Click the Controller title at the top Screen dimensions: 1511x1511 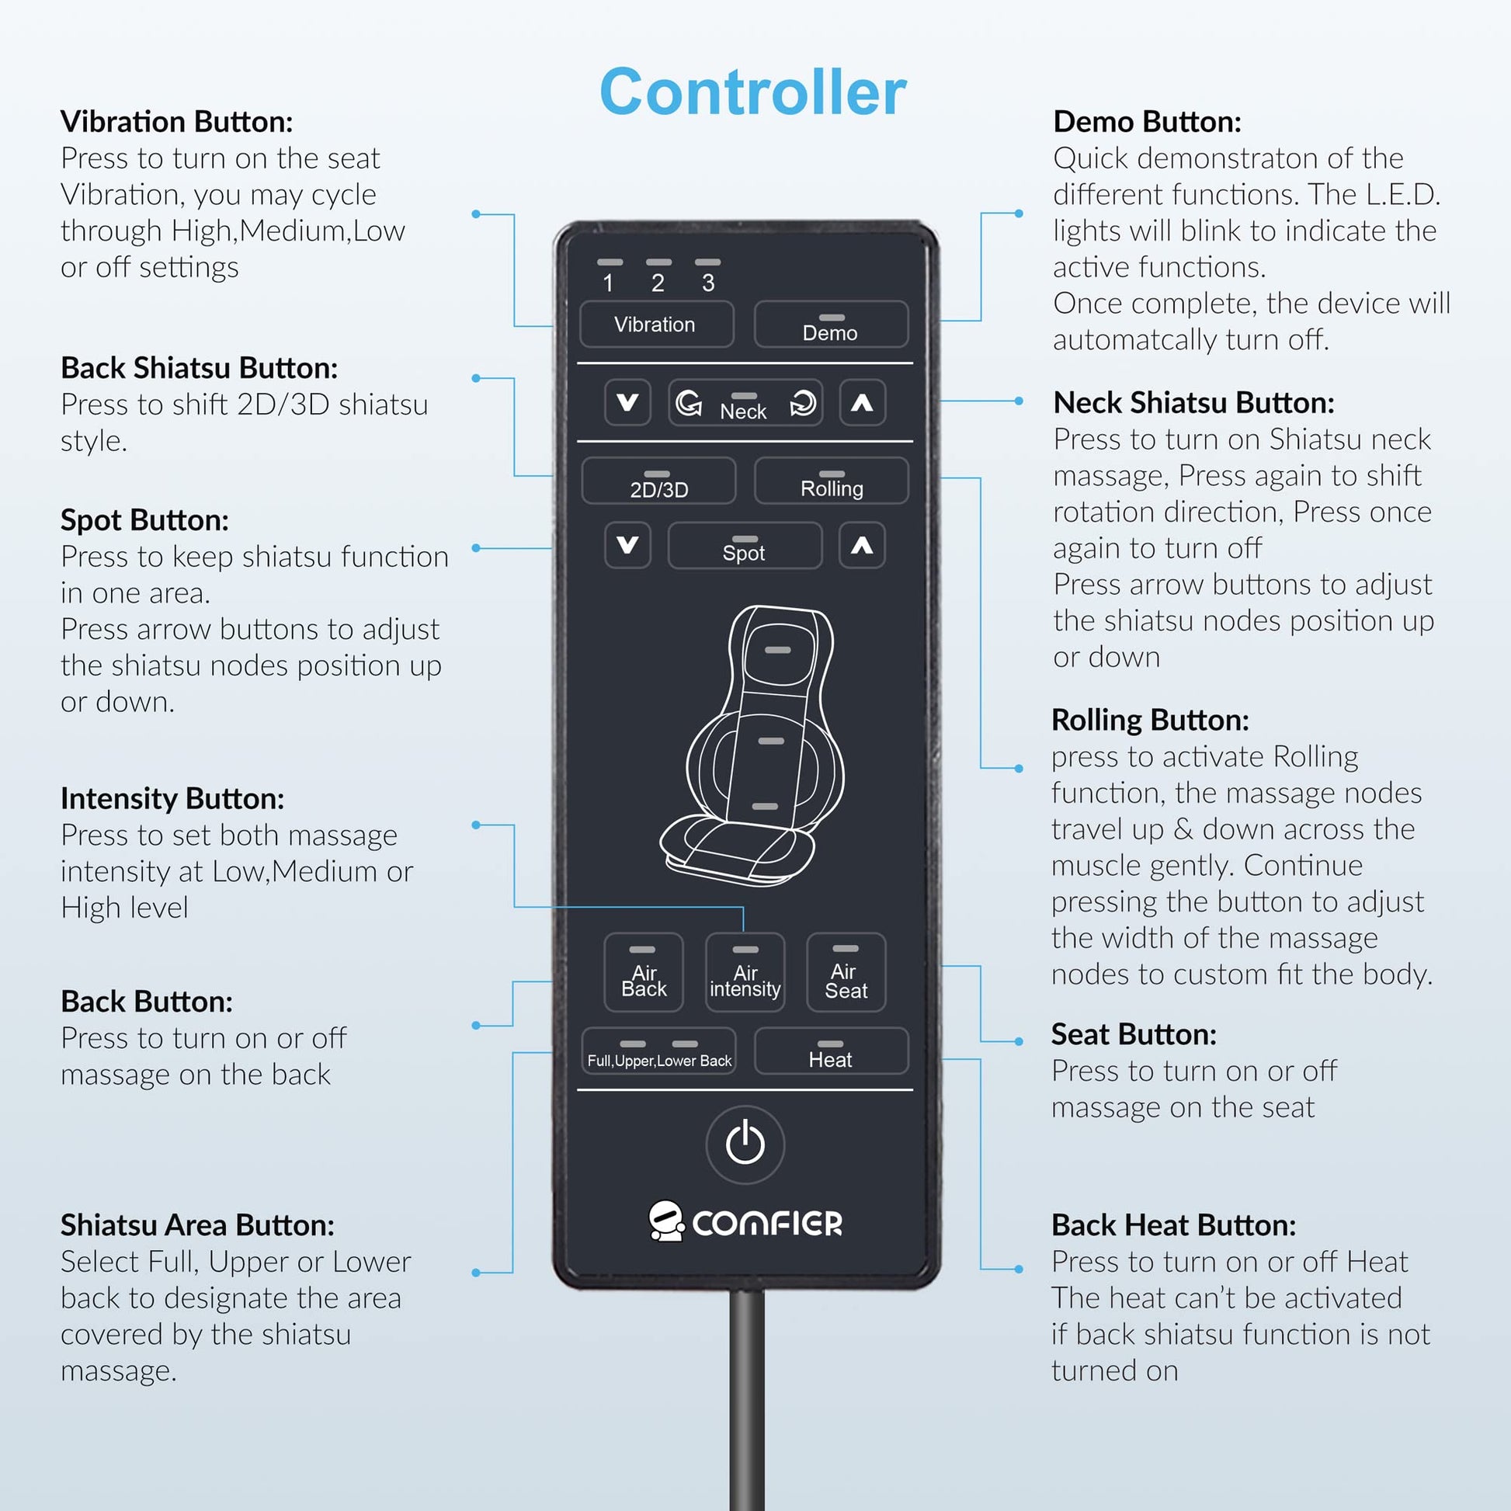point(752,92)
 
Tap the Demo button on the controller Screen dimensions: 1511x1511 point(831,324)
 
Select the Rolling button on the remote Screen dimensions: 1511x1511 point(831,480)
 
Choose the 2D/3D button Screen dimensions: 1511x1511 point(658,480)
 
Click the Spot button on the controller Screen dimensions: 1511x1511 point(745,545)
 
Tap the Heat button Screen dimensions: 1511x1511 point(831,1051)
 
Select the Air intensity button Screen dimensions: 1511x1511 point(745,972)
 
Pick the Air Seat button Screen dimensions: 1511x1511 point(846,972)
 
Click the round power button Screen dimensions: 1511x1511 point(745,1145)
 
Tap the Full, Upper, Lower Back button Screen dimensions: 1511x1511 point(658,1051)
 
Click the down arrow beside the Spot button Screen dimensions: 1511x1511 point(627,545)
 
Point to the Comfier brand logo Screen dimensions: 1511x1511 point(745,1221)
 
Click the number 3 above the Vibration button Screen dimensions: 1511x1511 point(708,283)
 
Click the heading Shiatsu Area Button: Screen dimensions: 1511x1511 point(197,1225)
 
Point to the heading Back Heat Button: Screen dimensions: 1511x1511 point(1173,1225)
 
